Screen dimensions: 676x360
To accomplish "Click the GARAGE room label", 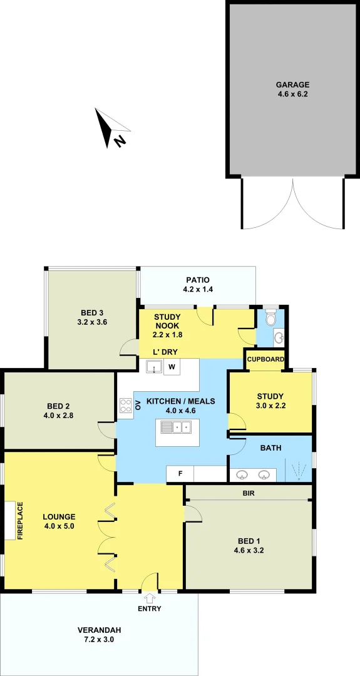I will (293, 84).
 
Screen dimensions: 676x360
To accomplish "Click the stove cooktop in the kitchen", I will (125, 405).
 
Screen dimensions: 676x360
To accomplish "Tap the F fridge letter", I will (180, 473).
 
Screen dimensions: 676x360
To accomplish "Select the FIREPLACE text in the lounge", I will (20, 520).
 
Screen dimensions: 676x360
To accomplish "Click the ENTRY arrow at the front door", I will (150, 598).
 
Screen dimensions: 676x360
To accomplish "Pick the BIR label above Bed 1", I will (248, 493).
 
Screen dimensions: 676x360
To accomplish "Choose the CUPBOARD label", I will (266, 359).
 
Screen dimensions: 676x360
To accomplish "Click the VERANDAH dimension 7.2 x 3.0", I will (99, 640).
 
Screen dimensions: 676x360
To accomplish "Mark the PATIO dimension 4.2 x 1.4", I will (197, 290).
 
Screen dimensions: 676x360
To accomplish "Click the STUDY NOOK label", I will (167, 321).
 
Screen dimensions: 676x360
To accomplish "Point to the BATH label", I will (270, 448).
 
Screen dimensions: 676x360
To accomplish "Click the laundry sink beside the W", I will (154, 367).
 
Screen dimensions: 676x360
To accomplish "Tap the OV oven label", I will (138, 405).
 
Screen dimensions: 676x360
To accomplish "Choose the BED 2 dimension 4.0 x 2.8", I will (61, 414).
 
